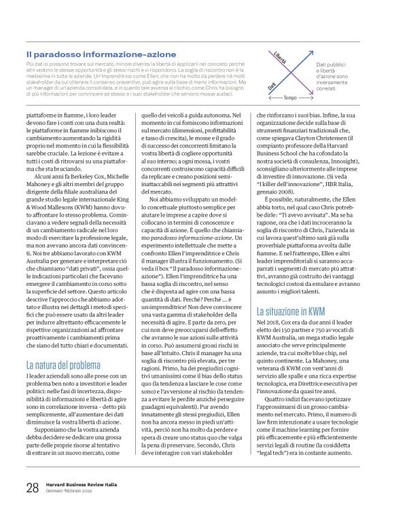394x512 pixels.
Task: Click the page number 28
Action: [x=31, y=487]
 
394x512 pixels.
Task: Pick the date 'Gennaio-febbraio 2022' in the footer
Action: [x=71, y=491]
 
